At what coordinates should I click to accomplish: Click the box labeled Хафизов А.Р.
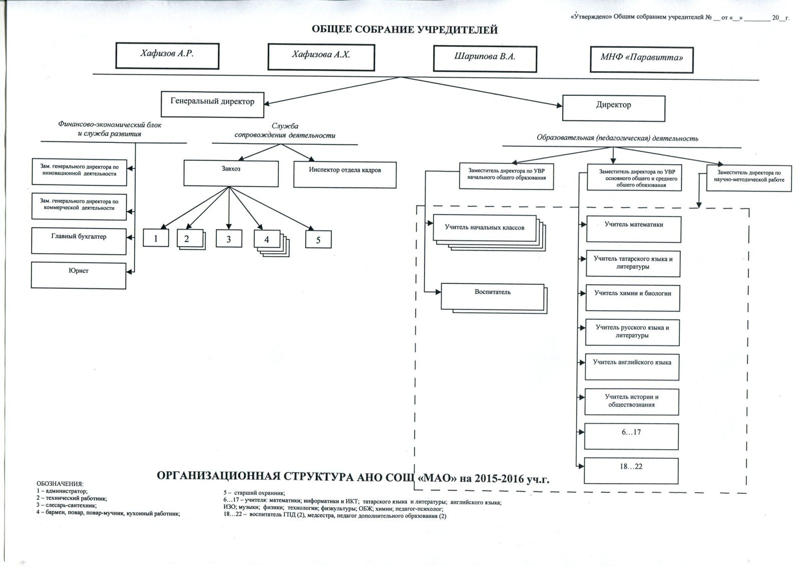pyautogui.click(x=167, y=55)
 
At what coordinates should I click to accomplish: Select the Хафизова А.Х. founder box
pyautogui.click(x=321, y=57)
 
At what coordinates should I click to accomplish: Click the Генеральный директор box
pyautogui.click(x=212, y=103)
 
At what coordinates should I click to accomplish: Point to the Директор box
pyautogui.click(x=613, y=107)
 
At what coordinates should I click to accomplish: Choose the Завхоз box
pyautogui.click(x=231, y=173)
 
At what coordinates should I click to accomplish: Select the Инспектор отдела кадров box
pyautogui.click(x=344, y=174)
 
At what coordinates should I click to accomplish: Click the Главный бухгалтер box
pyautogui.click(x=79, y=241)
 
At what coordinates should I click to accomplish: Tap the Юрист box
pyautogui.click(x=79, y=275)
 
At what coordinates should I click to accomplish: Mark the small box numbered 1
pyautogui.click(x=156, y=238)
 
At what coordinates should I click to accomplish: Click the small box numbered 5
pyautogui.click(x=318, y=240)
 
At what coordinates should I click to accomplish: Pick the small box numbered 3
pyautogui.click(x=229, y=239)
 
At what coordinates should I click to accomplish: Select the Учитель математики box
pyautogui.click(x=633, y=229)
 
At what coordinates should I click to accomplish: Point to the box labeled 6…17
pyautogui.click(x=631, y=436)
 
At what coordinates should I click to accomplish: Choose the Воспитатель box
pyautogui.click(x=493, y=296)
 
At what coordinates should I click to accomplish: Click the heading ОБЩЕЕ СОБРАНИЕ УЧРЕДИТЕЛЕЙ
pyautogui.click(x=405, y=30)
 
